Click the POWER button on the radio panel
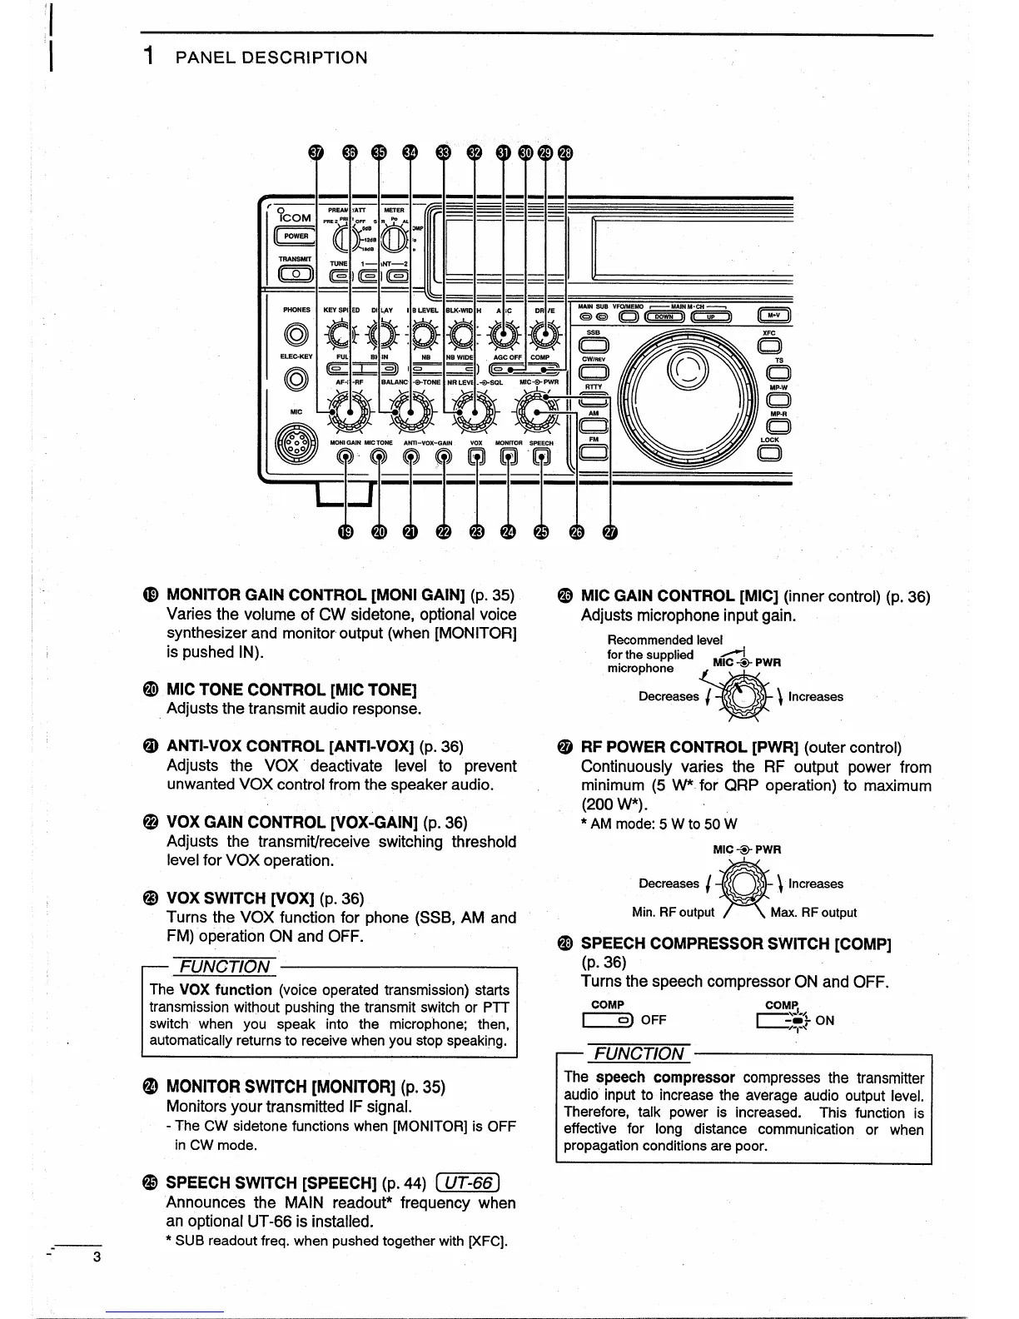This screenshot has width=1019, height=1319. point(296,236)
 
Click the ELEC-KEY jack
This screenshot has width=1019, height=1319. point(296,379)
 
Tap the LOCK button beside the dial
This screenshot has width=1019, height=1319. point(769,452)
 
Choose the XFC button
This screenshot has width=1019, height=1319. point(769,345)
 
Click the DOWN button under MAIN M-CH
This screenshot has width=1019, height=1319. point(664,316)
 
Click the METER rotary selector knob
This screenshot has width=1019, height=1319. point(394,239)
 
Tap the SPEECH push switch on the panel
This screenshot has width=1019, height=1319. point(542,455)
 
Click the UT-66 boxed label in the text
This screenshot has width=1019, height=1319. point(471,1182)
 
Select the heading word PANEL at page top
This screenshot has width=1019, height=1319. point(216,57)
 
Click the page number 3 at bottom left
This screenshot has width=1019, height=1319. point(96,1257)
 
